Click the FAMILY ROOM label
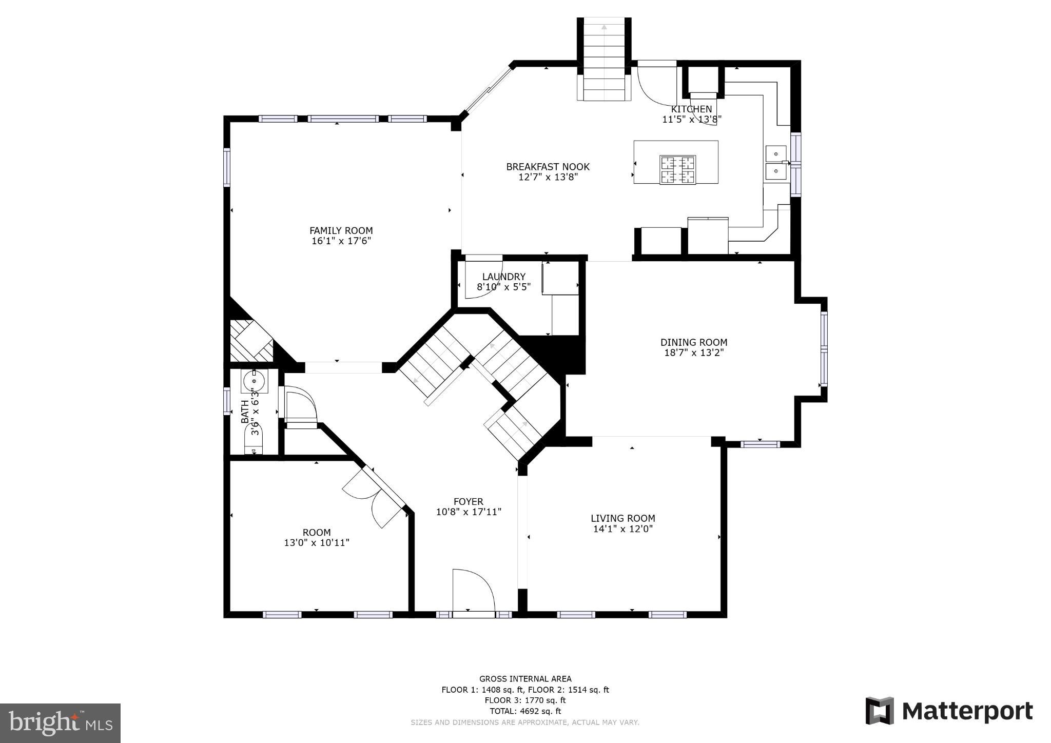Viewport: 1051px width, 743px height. point(341,230)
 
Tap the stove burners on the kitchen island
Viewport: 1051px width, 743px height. point(678,169)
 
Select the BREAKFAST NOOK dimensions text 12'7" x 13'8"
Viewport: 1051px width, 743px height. point(548,178)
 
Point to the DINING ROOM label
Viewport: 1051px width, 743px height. point(693,342)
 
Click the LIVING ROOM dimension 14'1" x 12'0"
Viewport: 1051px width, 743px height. point(622,529)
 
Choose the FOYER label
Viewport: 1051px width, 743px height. point(468,501)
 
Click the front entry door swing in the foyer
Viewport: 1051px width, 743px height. point(473,590)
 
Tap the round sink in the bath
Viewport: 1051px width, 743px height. point(254,381)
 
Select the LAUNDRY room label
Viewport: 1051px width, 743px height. point(503,277)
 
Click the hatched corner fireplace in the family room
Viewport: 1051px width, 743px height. point(250,341)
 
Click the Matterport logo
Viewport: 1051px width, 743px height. point(949,711)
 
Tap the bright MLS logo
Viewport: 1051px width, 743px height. point(60,723)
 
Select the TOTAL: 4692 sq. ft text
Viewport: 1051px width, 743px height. point(525,711)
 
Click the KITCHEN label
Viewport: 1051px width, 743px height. point(691,109)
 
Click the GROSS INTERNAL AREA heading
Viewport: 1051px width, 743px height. point(525,679)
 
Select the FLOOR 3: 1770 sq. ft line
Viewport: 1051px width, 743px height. point(525,700)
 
